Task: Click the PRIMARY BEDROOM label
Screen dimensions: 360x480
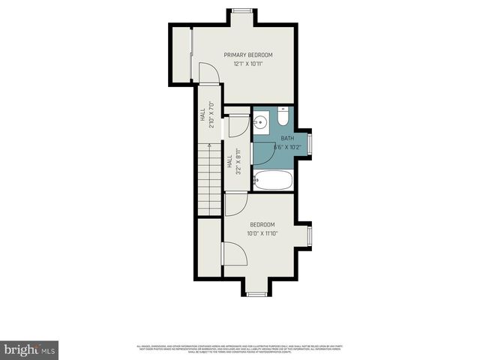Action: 248,55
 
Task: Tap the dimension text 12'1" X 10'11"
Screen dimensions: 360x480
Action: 248,64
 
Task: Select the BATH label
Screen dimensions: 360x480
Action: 288,138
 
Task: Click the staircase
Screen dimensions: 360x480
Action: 210,180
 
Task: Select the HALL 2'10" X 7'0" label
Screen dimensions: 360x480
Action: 207,116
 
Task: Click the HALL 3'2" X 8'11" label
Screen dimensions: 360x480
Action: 233,162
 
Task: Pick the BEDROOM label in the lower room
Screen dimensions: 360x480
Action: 262,224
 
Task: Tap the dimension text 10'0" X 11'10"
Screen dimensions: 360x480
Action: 262,234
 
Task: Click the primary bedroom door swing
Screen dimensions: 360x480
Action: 208,73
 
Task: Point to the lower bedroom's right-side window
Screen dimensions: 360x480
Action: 309,236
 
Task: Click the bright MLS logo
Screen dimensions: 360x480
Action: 30,349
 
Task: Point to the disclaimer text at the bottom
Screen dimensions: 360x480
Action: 240,349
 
